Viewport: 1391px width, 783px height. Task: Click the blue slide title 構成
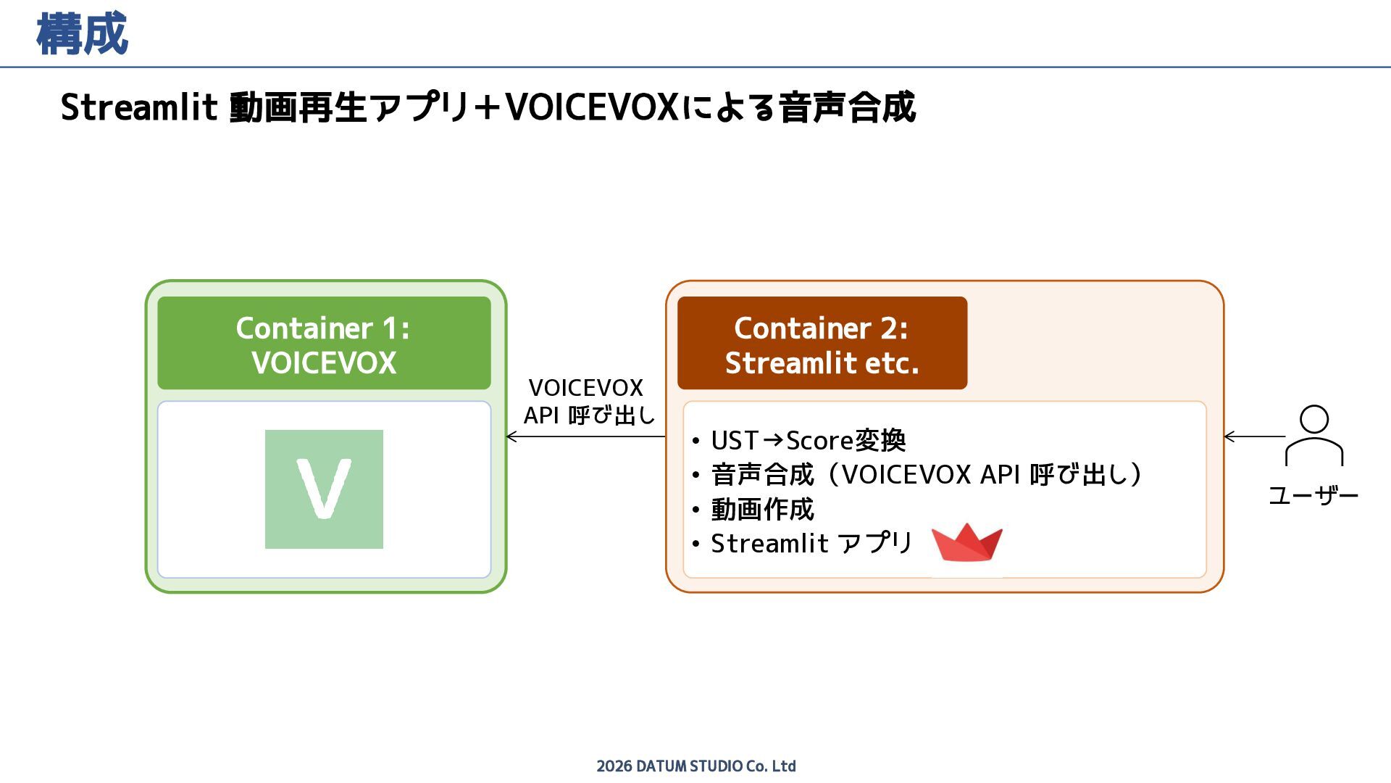[x=82, y=34]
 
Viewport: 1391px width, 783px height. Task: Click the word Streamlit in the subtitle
[x=138, y=107]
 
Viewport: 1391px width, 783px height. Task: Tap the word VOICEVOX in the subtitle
[x=591, y=107]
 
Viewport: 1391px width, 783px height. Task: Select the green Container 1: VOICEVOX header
[x=324, y=344]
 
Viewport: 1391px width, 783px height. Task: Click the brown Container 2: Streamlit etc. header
[x=822, y=344]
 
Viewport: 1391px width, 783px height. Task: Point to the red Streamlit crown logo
[x=966, y=543]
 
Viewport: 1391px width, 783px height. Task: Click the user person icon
[x=1313, y=436]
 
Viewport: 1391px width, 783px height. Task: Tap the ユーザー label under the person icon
[x=1313, y=496]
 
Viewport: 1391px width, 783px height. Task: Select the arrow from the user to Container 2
[x=1254, y=436]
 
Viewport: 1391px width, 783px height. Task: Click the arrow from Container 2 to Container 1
[x=585, y=436]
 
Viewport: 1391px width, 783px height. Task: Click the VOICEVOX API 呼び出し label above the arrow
[x=588, y=402]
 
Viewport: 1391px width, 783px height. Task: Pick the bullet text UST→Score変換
[x=808, y=440]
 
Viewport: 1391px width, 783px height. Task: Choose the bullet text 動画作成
[x=762, y=509]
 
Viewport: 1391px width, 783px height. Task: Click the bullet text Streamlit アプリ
[x=811, y=543]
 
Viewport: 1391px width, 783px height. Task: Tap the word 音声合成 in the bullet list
[x=762, y=475]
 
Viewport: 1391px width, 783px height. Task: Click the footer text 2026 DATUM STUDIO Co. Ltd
[x=695, y=766]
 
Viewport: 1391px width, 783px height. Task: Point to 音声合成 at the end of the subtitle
[x=847, y=107]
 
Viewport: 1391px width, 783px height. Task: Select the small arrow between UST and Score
[x=772, y=439]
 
